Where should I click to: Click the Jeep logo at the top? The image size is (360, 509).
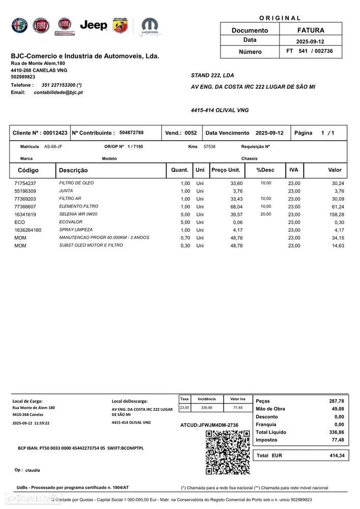click(94, 25)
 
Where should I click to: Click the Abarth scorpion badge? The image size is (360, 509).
click(120, 25)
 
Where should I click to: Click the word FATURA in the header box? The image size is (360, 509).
click(311, 30)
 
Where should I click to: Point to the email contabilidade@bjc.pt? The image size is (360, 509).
click(58, 92)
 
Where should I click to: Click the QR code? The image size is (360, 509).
click(227, 452)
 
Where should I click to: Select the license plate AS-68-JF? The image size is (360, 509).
click(53, 147)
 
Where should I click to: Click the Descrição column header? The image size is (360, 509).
click(73, 170)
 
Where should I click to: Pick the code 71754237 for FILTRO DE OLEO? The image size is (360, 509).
click(25, 183)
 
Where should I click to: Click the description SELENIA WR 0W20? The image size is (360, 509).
click(78, 215)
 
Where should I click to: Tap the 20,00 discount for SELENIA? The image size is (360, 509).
click(266, 215)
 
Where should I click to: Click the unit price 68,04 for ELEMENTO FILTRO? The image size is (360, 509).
click(236, 207)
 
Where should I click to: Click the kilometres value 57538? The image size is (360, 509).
click(209, 147)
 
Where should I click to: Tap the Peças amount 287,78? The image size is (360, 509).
click(337, 401)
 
